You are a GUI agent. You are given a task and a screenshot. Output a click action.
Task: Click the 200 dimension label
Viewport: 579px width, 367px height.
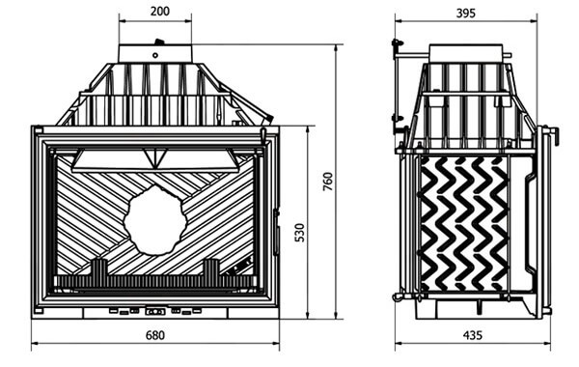tap(160, 12)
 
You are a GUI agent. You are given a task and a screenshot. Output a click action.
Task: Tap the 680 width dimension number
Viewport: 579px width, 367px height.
tap(155, 335)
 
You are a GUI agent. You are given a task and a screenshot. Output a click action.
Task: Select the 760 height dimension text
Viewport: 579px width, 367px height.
tap(328, 182)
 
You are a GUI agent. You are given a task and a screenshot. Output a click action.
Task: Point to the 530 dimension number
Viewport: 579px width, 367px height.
tap(300, 233)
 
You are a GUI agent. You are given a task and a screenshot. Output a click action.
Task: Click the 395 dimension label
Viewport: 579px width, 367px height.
tap(466, 14)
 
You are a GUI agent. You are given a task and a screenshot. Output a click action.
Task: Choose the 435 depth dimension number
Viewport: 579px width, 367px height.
tap(473, 335)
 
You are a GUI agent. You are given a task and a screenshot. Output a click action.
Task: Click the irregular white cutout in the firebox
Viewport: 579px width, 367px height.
tap(155, 220)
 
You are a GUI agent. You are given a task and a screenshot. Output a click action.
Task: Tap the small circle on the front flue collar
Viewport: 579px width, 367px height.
tap(155, 55)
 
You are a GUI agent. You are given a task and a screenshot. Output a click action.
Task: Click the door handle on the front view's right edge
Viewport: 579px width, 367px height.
tap(275, 232)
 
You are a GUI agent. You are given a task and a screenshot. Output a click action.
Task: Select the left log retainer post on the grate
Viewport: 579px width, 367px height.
tap(99, 268)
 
